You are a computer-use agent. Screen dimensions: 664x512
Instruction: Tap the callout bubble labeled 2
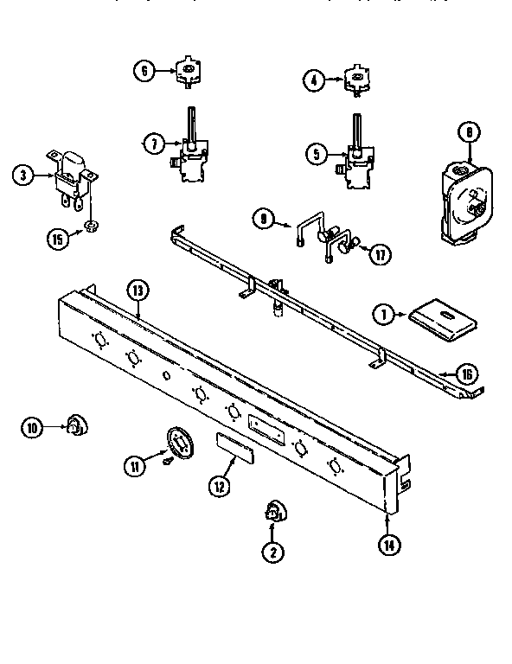point(273,552)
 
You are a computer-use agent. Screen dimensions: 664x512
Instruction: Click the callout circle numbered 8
point(467,132)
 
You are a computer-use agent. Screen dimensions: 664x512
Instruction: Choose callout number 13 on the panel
point(135,290)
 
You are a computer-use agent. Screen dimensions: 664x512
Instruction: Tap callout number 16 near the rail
point(466,373)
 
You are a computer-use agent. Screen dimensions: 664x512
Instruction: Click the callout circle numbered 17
point(378,255)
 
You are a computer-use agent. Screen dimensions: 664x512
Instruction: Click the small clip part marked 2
point(273,512)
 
